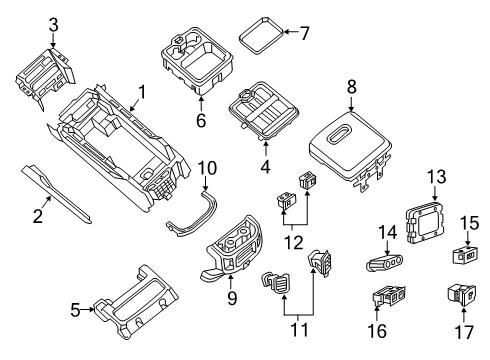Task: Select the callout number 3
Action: (53, 24)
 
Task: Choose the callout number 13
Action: (434, 176)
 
